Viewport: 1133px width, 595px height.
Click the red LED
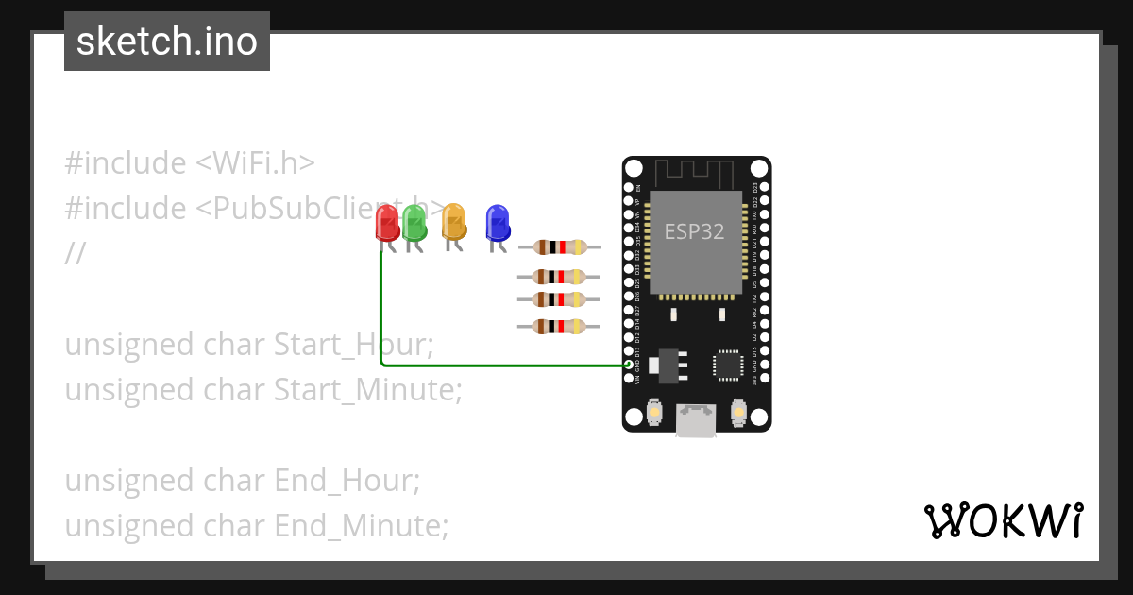[387, 223]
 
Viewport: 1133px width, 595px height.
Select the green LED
[414, 223]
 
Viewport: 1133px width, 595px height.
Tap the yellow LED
[454, 221]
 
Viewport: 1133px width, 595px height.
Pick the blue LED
[497, 223]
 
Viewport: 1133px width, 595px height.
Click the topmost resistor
[559, 247]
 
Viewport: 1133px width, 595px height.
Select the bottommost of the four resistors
[559, 327]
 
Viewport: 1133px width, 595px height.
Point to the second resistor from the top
[559, 277]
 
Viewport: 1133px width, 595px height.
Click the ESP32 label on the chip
[694, 231]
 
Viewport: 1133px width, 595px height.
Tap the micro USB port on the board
[696, 420]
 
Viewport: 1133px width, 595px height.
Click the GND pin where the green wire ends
[630, 364]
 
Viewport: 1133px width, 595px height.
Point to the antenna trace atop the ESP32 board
[696, 173]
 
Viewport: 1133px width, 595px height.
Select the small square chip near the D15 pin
[728, 365]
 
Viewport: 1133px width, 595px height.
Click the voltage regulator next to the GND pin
[666, 365]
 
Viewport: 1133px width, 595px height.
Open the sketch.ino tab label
[167, 42]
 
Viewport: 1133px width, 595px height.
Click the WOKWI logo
[1003, 520]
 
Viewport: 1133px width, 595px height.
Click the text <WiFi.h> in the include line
[255, 162]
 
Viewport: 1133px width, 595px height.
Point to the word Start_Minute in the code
[367, 389]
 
